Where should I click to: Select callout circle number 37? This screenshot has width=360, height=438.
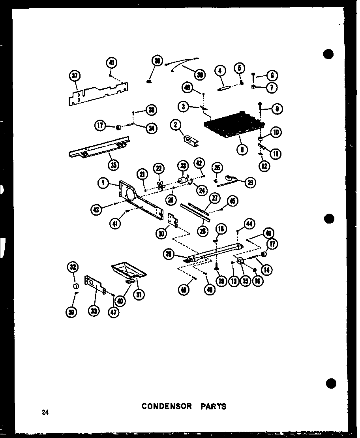point(75,76)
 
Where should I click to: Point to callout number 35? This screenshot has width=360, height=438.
point(113,165)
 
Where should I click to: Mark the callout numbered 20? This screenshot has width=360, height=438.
point(169,255)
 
